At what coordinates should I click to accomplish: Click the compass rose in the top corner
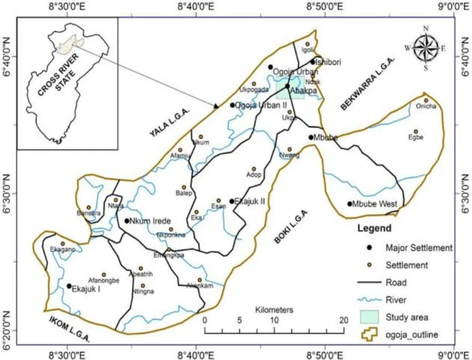click(x=425, y=47)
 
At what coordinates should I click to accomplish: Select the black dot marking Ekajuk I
click(x=69, y=286)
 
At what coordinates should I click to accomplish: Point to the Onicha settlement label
click(x=426, y=106)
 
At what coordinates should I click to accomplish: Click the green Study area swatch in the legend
click(x=369, y=317)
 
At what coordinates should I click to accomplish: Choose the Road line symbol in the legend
click(x=369, y=282)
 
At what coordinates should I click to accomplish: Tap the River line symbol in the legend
click(x=369, y=300)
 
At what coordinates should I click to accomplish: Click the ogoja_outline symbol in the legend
click(x=369, y=334)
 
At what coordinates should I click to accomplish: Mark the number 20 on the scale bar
click(x=343, y=320)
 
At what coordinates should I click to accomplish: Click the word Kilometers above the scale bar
click(x=274, y=309)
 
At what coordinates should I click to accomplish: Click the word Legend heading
click(x=374, y=229)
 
